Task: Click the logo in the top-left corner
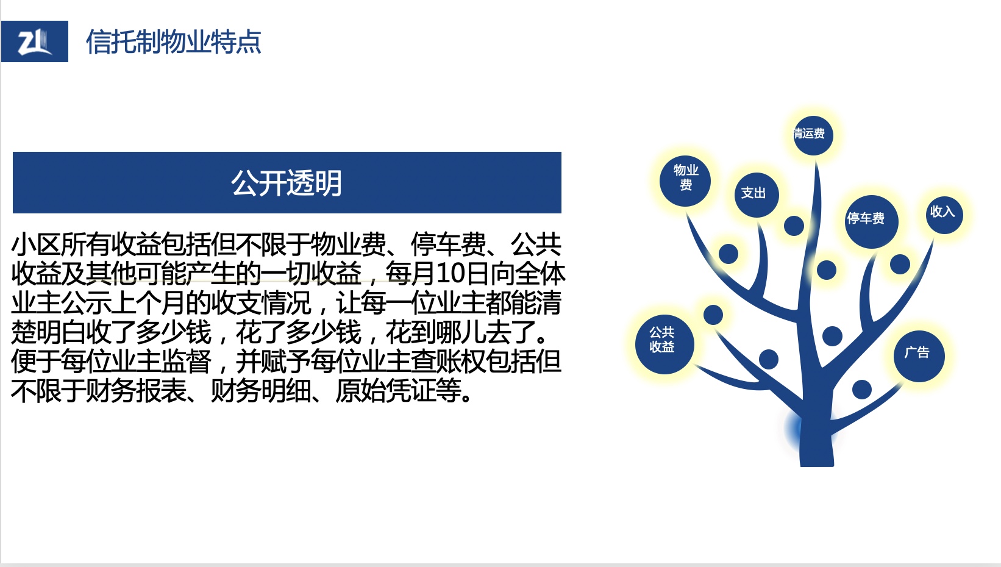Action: click(x=35, y=41)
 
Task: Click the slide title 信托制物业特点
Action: click(x=173, y=42)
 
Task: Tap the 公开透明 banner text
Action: click(x=287, y=183)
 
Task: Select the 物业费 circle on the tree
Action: click(x=685, y=181)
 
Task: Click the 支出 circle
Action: click(x=757, y=195)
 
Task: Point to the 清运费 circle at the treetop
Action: click(x=813, y=135)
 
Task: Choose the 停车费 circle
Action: click(x=871, y=221)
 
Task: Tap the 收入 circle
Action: click(x=944, y=215)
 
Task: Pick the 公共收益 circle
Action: click(x=664, y=344)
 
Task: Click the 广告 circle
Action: click(x=919, y=356)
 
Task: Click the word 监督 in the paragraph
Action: click(x=186, y=361)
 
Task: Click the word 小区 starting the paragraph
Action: click(x=36, y=244)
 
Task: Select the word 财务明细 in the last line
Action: click(x=260, y=391)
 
